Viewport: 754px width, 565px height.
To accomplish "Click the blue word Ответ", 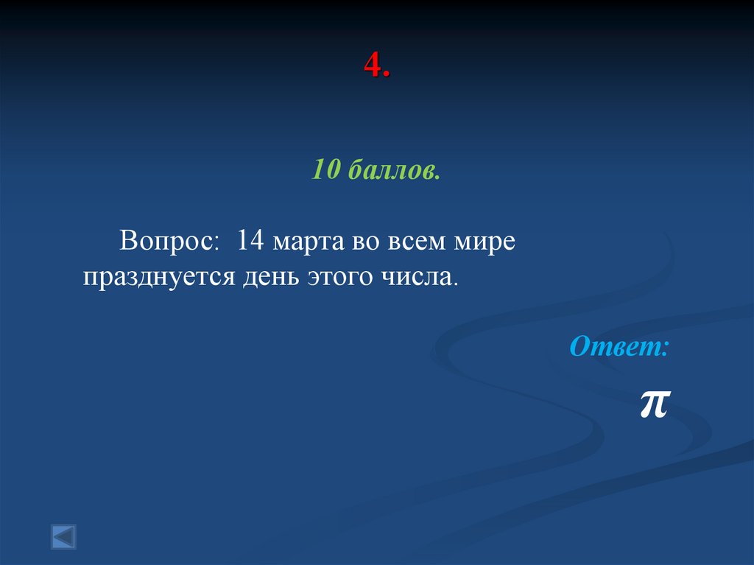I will pos(616,346).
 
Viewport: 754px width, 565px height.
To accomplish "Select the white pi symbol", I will pos(653,404).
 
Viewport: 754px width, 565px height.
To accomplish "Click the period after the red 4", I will pos(387,76).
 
